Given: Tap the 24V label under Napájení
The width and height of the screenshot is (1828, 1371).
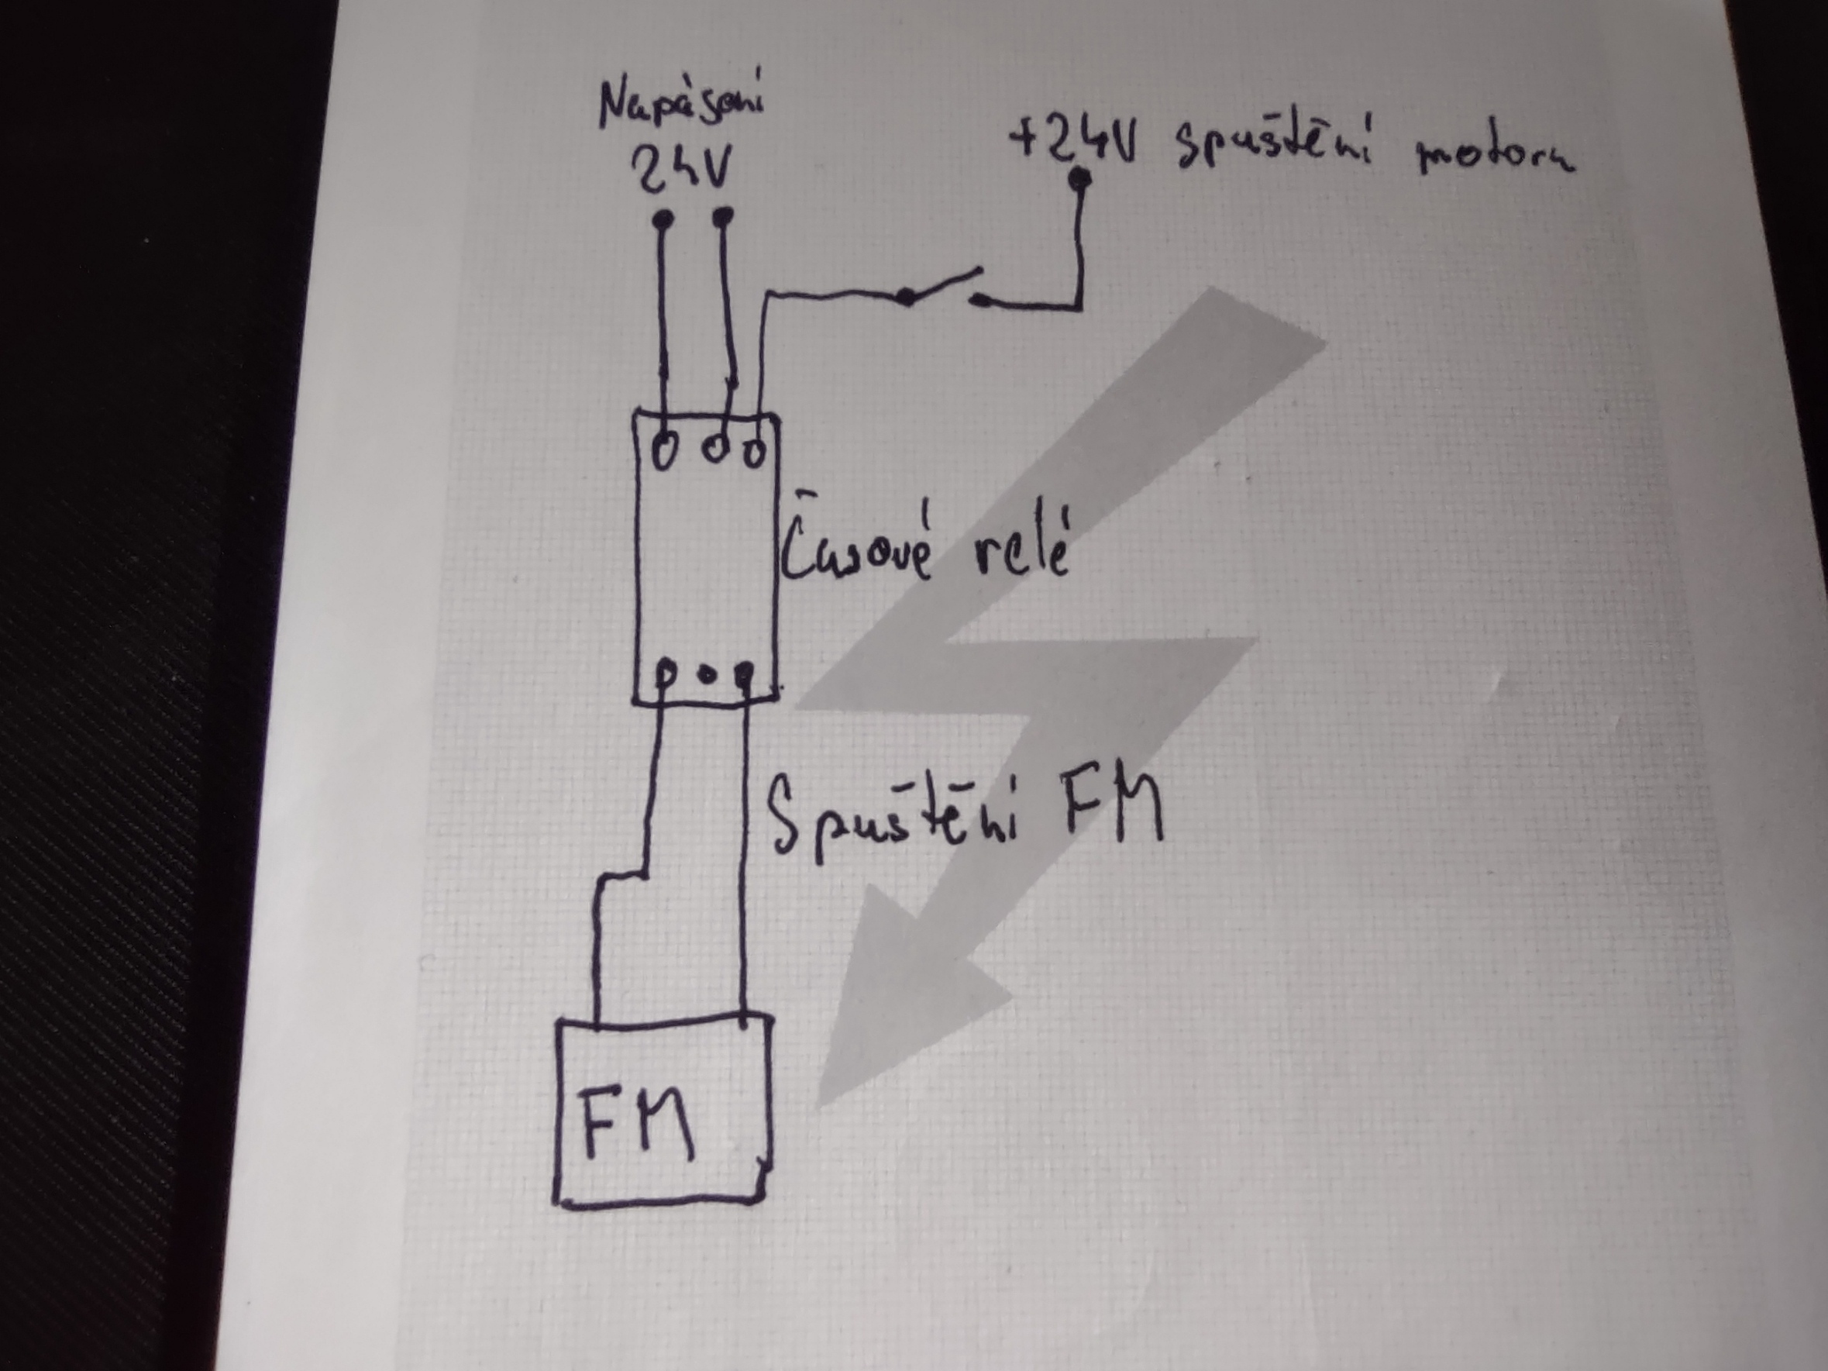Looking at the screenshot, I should pyautogui.click(x=680, y=172).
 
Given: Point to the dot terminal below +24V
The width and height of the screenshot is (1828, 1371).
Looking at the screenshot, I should pyautogui.click(x=1079, y=177).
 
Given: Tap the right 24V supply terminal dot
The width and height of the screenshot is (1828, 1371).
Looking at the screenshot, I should pyautogui.click(x=723, y=216).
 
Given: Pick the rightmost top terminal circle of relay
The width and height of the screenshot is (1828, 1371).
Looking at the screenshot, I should pyautogui.click(x=756, y=450).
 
